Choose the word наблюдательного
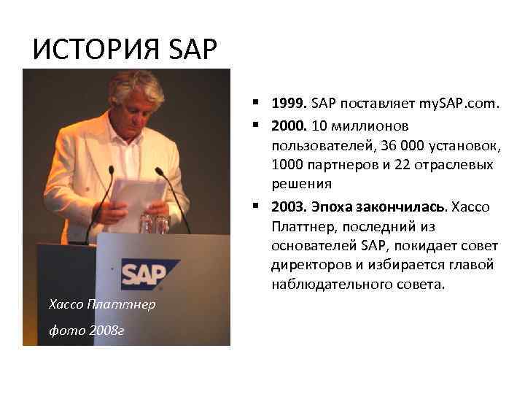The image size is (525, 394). [330, 284]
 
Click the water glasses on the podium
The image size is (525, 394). [155, 222]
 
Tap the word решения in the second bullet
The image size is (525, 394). [301, 184]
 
